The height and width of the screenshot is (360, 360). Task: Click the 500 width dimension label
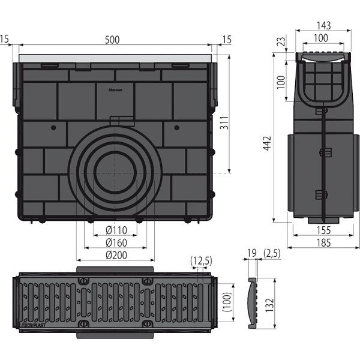click(x=112, y=40)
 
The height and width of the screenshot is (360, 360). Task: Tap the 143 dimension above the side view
click(x=322, y=26)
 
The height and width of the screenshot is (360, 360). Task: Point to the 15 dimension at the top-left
click(x=5, y=40)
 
